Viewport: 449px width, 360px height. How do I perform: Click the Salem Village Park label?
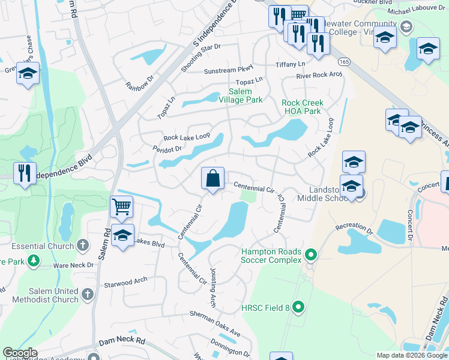tap(240, 95)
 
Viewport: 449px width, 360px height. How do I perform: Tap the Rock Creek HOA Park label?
tap(302, 107)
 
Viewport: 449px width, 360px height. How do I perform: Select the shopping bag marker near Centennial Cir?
tap(212, 178)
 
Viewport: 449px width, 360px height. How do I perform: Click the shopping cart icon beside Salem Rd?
tap(122, 207)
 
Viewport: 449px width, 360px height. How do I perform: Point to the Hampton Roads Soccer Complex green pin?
tap(310, 256)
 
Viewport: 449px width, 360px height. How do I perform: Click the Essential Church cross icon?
tap(83, 245)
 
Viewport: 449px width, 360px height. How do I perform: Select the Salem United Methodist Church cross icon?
tap(88, 294)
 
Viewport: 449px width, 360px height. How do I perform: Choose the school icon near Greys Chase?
tap(28, 74)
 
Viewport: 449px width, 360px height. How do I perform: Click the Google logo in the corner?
tap(20, 353)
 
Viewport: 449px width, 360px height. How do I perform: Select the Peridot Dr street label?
tap(167, 148)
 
